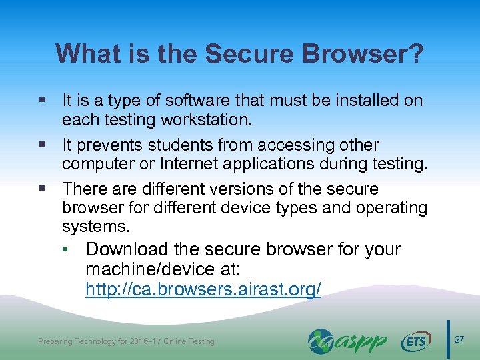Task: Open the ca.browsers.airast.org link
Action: pos(203,290)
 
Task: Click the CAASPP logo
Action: pos(347,341)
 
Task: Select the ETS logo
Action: pos(417,341)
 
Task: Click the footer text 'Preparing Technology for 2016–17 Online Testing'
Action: pos(126,341)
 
